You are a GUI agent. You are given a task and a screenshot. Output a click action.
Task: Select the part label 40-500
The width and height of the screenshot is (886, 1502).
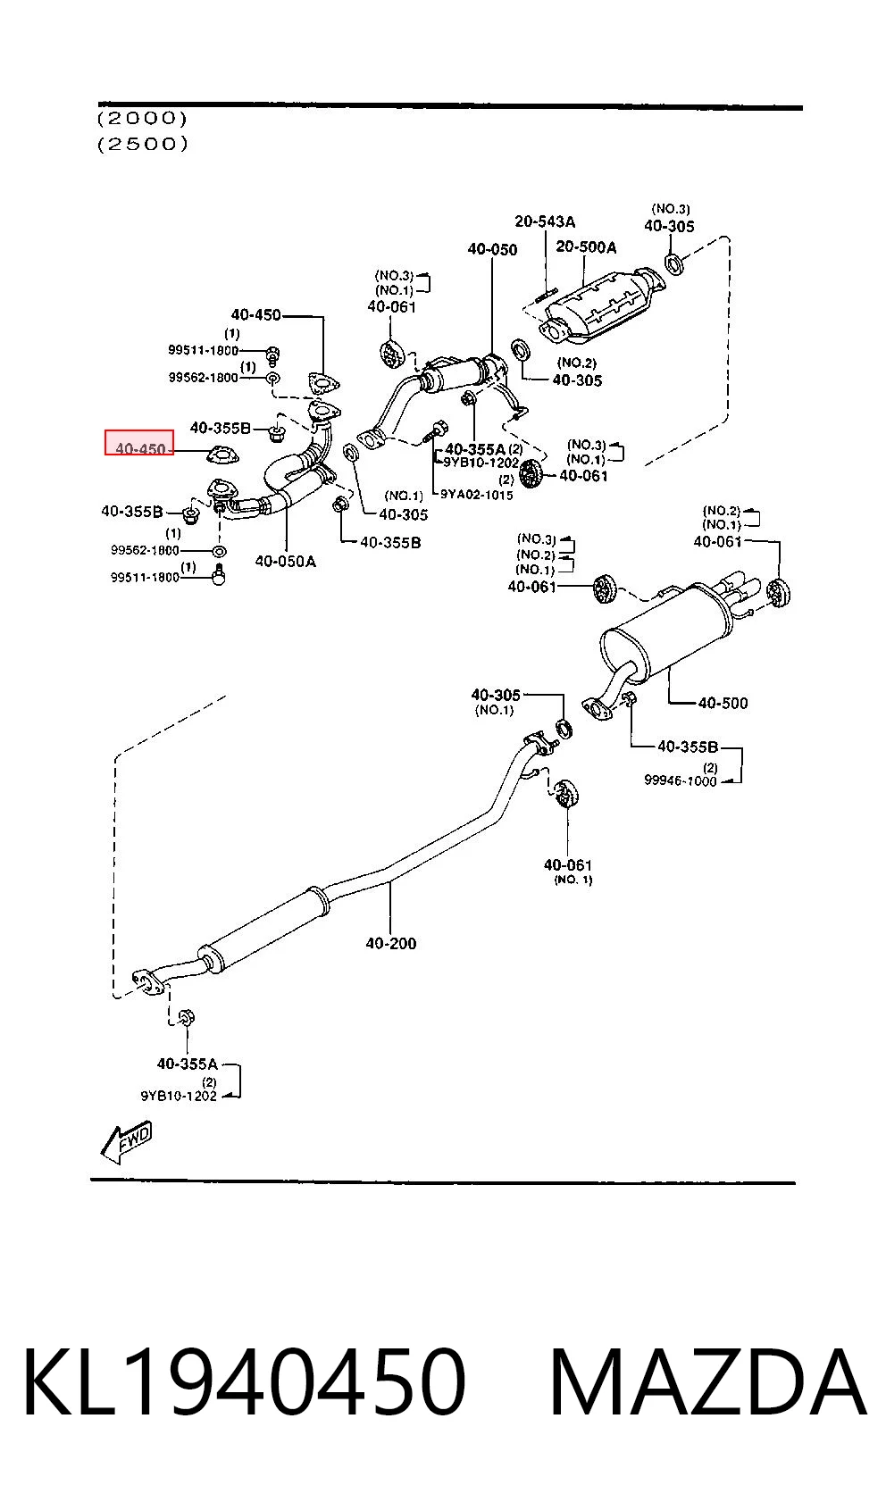tap(723, 703)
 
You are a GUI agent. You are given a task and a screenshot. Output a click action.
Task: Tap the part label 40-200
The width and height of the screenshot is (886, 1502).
tap(390, 943)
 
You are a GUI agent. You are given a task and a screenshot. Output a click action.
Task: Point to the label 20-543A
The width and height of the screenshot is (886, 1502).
tap(545, 221)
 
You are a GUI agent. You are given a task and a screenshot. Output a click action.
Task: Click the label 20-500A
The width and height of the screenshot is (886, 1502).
tap(586, 246)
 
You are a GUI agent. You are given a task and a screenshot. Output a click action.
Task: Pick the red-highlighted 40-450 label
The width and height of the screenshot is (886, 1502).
tap(140, 448)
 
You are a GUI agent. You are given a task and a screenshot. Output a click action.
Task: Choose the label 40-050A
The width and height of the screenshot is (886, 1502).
tap(285, 561)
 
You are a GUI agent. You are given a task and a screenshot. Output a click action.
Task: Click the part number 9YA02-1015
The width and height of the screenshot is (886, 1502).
tap(476, 495)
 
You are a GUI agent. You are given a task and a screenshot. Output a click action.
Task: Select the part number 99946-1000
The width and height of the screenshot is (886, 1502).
tap(680, 780)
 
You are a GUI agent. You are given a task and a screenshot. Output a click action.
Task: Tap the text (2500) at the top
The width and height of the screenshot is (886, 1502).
tap(142, 144)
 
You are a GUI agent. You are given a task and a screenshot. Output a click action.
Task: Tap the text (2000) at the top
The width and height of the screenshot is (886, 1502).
tap(142, 119)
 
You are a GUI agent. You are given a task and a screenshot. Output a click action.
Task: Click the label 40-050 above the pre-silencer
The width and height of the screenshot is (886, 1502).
tap(492, 249)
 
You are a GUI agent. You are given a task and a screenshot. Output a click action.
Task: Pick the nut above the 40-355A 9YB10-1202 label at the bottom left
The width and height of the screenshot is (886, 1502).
tap(188, 1017)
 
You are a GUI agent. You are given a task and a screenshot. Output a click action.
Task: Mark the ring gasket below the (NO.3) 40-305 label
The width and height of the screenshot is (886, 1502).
tap(674, 263)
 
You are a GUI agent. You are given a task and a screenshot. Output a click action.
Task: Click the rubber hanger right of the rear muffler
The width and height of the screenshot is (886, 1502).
tap(778, 593)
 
